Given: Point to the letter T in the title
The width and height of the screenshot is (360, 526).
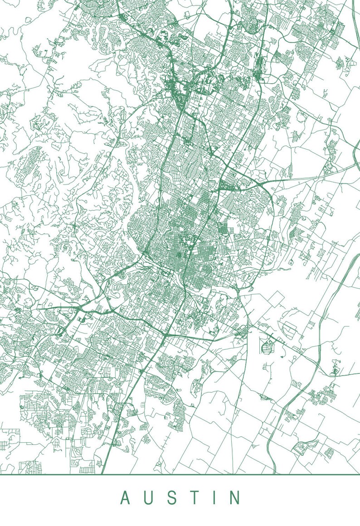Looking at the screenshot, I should (x=195, y=497).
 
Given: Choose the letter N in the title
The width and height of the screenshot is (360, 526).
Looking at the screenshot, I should (x=234, y=497).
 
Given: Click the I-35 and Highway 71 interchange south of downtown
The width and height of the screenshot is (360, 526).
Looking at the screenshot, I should (x=166, y=334).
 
